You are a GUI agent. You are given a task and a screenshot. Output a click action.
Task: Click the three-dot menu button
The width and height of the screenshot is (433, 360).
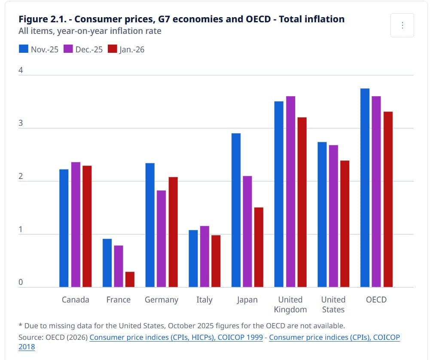click(x=402, y=25)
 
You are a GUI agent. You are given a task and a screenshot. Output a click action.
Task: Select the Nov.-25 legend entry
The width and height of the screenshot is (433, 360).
click(x=39, y=49)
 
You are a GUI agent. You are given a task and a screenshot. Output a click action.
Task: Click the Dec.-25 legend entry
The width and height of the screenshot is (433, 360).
click(x=83, y=49)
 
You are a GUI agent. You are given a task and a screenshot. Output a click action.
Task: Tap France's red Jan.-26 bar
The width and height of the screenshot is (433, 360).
click(x=130, y=279)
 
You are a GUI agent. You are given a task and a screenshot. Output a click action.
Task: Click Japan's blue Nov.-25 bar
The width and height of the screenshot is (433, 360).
click(x=236, y=210)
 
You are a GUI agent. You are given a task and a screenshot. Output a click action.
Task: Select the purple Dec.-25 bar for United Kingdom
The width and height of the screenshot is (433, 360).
click(x=290, y=191)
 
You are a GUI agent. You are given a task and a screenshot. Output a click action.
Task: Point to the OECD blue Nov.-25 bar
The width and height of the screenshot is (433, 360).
click(x=365, y=188)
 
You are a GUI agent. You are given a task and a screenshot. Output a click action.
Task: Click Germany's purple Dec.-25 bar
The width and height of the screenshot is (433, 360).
click(x=162, y=239)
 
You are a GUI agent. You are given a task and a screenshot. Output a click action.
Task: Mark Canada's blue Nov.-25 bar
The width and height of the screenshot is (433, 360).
click(x=64, y=228)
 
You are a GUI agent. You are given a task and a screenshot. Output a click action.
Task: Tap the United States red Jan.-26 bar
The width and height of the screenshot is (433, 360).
click(x=345, y=224)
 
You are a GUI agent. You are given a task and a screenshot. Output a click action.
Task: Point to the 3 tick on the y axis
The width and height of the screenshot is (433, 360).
click(x=21, y=124)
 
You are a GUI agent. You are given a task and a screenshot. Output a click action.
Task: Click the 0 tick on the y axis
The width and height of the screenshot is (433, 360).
click(x=21, y=283)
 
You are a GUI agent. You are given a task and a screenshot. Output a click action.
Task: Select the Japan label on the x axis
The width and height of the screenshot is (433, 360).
click(x=247, y=300)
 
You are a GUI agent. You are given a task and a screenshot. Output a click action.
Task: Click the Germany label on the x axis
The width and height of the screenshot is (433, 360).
click(x=162, y=300)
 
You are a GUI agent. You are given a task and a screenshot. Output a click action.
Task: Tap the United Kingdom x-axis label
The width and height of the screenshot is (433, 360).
click(x=290, y=305)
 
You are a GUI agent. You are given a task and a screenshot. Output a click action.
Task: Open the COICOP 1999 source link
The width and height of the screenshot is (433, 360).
click(x=176, y=337)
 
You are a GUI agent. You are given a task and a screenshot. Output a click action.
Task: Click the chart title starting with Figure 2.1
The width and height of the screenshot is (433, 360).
click(x=181, y=19)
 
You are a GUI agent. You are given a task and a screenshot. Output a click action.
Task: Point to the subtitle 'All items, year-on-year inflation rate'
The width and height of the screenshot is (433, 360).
click(x=90, y=31)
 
